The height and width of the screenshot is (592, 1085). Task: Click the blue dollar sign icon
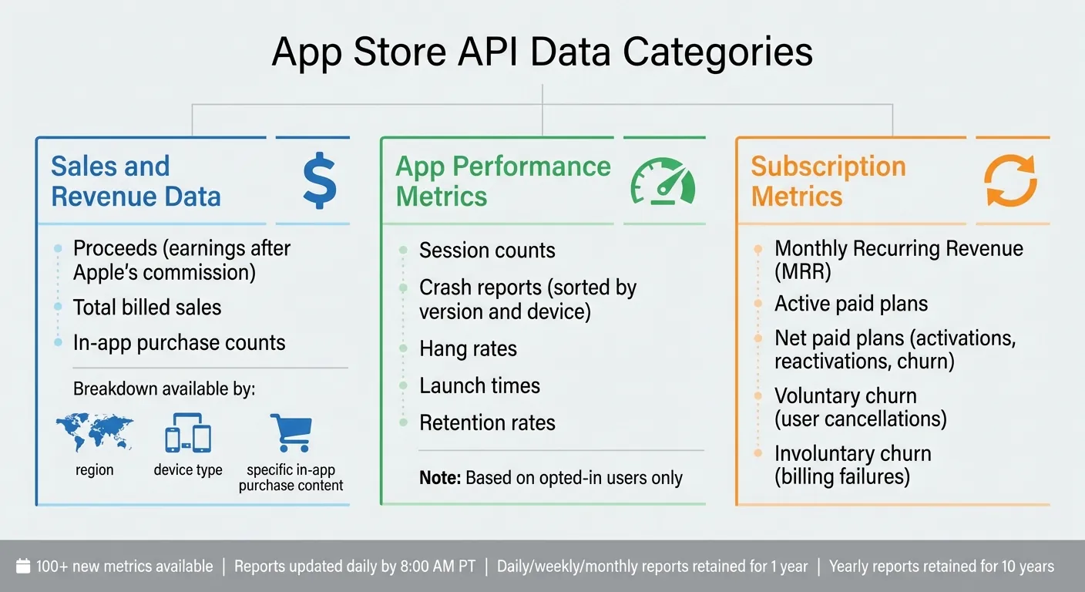coord(319,180)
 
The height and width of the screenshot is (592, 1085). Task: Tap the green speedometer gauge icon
coord(663,182)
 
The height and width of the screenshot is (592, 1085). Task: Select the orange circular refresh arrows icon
coord(1010,180)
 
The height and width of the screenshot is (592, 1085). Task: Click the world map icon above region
coord(94,433)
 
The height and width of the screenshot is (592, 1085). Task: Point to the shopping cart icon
coord(291,432)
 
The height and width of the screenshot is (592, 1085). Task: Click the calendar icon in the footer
coord(23,567)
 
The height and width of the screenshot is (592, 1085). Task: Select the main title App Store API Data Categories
coord(542,52)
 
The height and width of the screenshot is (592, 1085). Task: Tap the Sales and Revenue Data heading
coord(136,181)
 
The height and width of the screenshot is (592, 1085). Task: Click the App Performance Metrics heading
coord(502,181)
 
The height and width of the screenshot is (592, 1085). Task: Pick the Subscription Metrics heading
coord(828,181)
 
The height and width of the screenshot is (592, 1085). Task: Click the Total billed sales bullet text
coord(147,308)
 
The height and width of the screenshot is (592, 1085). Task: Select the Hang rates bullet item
coord(468,348)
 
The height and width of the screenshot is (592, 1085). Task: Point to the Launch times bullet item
coord(479,385)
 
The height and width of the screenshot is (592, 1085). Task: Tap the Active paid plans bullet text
coord(851,304)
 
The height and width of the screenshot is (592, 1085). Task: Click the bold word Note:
coord(440,478)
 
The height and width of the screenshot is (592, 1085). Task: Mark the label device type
coord(188,470)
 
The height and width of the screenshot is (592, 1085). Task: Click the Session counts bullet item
coord(487,251)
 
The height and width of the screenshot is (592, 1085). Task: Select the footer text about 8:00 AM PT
coord(354,567)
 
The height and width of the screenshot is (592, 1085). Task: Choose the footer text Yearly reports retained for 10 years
coord(941,567)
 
